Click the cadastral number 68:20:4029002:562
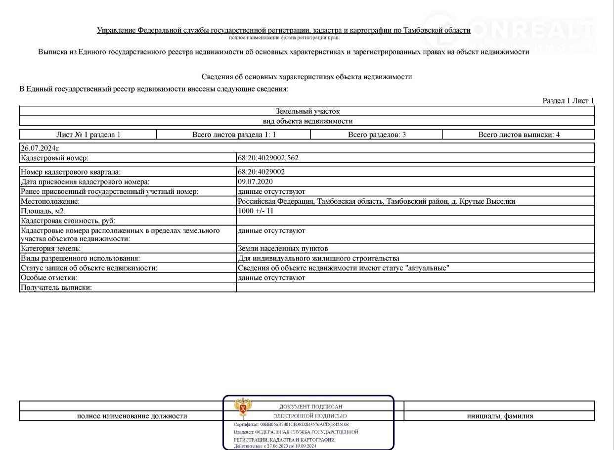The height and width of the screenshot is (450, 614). click(x=268, y=158)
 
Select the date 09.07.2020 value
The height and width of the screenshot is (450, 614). click(x=255, y=182)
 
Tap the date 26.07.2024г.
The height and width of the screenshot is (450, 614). click(x=40, y=148)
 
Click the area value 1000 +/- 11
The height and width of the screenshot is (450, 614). click(x=256, y=211)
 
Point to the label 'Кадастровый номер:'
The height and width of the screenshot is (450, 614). click(x=54, y=158)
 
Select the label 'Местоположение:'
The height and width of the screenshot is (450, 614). click(x=50, y=202)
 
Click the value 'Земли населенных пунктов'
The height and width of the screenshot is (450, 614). click(x=283, y=249)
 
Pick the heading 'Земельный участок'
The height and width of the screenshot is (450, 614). click(x=307, y=111)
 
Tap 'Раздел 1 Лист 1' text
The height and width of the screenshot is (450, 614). click(x=568, y=101)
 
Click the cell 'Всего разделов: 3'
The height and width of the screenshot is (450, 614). click(x=377, y=135)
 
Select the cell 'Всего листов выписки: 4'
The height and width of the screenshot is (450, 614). click(x=519, y=135)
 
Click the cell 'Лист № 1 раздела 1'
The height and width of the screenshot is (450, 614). click(x=88, y=135)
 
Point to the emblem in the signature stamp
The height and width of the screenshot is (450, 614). click(x=242, y=408)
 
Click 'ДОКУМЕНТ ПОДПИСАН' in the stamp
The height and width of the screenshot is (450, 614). click(x=310, y=406)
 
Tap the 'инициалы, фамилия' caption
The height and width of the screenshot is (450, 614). click(x=500, y=416)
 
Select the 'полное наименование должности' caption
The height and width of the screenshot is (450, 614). click(x=132, y=416)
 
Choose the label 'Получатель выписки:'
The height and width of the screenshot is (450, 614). click(x=56, y=288)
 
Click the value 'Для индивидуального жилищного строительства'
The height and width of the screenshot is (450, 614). click(x=318, y=259)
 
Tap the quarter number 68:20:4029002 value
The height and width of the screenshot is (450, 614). click(x=261, y=172)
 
